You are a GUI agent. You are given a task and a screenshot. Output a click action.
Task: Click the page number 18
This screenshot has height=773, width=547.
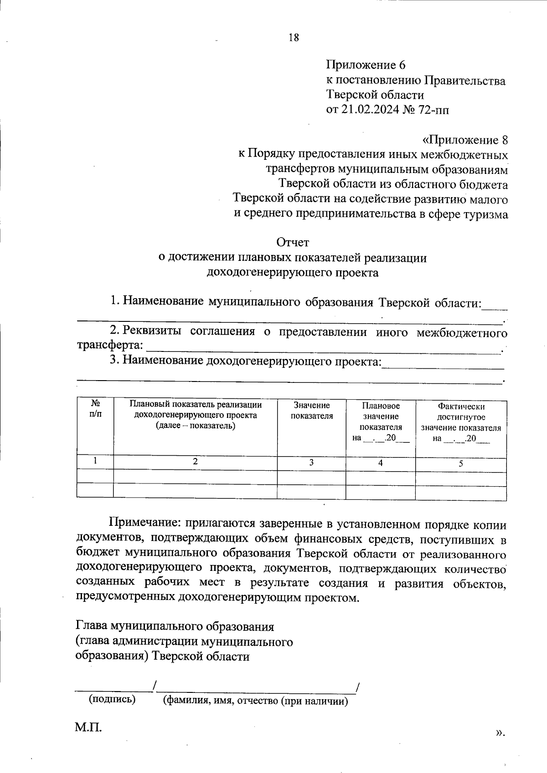click(x=294, y=38)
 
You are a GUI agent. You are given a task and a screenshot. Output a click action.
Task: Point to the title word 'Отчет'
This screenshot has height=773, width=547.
click(x=293, y=243)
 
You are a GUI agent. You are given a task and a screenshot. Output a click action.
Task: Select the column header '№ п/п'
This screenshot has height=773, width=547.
click(x=95, y=409)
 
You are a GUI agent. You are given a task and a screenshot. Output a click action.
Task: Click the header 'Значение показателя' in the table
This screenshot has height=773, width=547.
click(x=312, y=410)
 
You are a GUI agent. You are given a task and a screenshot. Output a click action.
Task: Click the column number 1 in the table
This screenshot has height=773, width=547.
click(x=95, y=460)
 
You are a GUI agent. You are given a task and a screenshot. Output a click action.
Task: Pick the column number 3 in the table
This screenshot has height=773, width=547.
click(x=311, y=463)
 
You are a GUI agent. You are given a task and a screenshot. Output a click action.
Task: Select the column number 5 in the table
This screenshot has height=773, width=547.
click(x=460, y=463)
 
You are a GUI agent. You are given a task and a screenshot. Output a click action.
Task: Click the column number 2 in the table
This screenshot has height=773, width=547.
click(x=195, y=461)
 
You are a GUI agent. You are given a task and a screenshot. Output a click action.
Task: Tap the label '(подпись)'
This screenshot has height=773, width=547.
click(x=112, y=699)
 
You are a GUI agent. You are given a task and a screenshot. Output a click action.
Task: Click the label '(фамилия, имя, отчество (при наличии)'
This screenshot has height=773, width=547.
click(x=256, y=701)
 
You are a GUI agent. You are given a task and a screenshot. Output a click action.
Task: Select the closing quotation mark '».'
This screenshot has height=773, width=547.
click(x=500, y=732)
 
